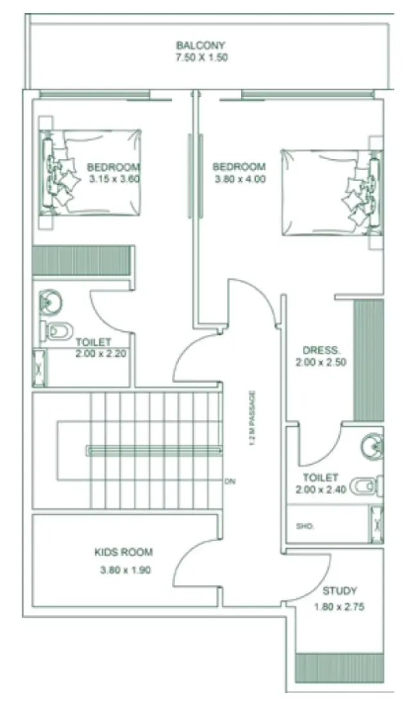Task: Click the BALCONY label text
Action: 201,45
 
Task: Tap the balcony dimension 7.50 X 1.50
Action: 201,57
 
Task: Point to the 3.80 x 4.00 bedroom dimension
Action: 239,179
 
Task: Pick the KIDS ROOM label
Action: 124,552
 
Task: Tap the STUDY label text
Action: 339,591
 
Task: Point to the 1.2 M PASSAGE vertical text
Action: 253,420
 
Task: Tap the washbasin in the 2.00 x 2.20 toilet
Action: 49,302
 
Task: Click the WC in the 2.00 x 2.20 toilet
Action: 57,331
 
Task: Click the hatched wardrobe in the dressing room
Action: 369,359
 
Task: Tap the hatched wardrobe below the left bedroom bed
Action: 81,261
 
